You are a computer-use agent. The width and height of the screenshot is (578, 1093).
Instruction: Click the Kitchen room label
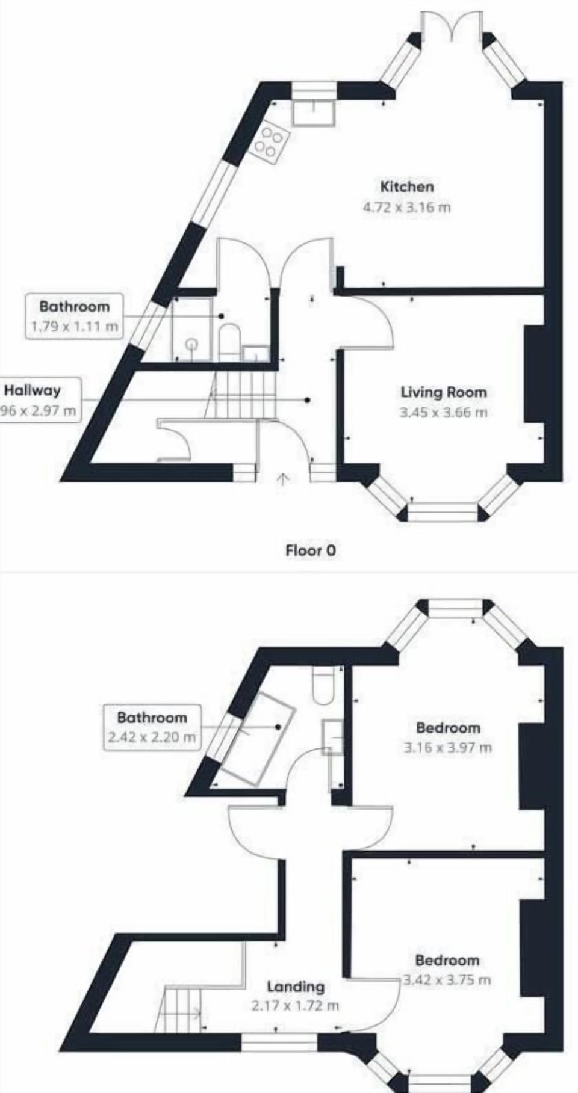(x=407, y=186)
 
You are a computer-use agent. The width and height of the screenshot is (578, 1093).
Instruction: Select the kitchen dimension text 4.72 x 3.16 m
(x=407, y=208)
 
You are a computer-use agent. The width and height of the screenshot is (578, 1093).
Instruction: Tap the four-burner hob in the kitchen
(x=269, y=143)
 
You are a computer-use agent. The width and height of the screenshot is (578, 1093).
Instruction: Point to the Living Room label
(x=444, y=392)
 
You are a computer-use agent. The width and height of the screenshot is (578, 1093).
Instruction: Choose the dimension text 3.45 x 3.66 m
(x=444, y=413)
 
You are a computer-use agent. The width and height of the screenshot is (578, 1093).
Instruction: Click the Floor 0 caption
(x=311, y=550)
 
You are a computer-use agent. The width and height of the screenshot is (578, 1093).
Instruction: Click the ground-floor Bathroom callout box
(x=75, y=316)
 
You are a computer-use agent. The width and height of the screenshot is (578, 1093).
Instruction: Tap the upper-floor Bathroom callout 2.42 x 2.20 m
(x=152, y=727)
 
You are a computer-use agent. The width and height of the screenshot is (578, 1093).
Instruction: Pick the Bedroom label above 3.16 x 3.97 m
(x=448, y=728)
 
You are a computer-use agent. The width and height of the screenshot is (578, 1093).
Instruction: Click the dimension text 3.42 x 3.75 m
(x=447, y=980)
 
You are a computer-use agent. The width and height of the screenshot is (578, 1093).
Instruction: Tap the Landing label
(x=296, y=987)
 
